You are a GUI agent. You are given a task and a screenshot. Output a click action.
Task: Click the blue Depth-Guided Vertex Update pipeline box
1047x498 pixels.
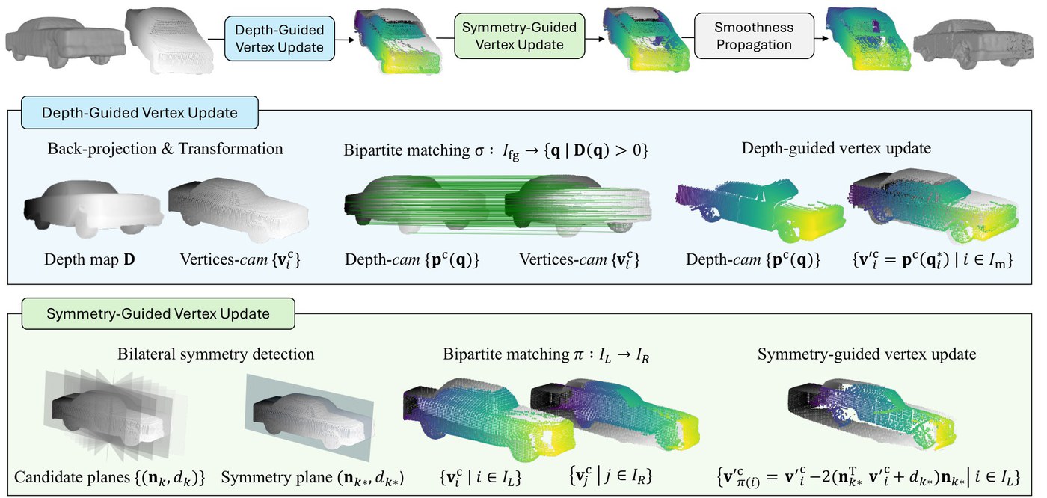pyautogui.click(x=280, y=39)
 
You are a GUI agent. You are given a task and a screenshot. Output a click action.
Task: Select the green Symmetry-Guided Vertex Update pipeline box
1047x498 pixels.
pyautogui.click(x=519, y=36)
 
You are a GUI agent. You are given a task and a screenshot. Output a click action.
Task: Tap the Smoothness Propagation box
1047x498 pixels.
pyautogui.click(x=754, y=36)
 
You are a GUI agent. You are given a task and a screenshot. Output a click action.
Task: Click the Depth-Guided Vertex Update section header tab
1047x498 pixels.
pyautogui.click(x=140, y=113)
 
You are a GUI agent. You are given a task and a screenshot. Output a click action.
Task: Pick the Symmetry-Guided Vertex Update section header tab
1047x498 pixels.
pyautogui.click(x=158, y=313)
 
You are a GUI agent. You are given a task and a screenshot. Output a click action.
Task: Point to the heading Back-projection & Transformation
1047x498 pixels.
pyautogui.click(x=165, y=149)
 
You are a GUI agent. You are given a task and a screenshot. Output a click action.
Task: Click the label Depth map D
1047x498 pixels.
pyautogui.click(x=89, y=259)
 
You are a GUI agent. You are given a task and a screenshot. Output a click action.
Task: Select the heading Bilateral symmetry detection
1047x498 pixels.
pyautogui.click(x=215, y=354)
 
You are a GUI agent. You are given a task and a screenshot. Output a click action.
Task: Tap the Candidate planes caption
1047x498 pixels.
pyautogui.click(x=109, y=477)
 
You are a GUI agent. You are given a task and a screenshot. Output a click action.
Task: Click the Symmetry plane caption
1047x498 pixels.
pyautogui.click(x=313, y=477)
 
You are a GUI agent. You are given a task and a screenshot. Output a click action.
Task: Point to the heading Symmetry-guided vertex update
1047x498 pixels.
pyautogui.click(x=867, y=354)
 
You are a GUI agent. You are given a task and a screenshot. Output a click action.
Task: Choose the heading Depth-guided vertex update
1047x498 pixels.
pyautogui.click(x=836, y=148)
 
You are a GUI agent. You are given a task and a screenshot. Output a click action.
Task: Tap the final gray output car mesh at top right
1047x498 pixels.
pyautogui.click(x=973, y=45)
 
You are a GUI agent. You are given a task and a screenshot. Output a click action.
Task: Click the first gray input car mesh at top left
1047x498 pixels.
pyautogui.click(x=66, y=39)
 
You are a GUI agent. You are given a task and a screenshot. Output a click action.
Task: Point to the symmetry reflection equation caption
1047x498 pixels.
pyautogui.click(x=868, y=477)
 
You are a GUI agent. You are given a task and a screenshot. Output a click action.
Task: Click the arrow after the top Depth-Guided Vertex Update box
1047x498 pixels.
pyautogui.click(x=345, y=40)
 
